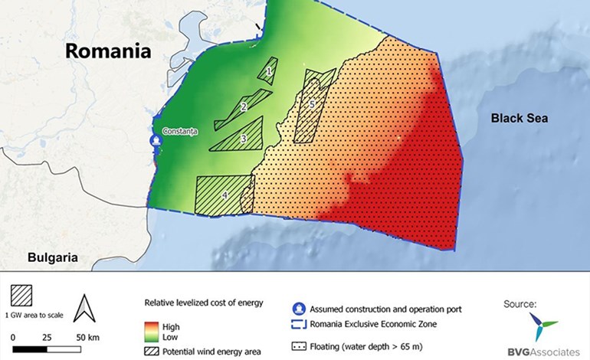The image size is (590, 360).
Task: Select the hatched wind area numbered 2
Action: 244,106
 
